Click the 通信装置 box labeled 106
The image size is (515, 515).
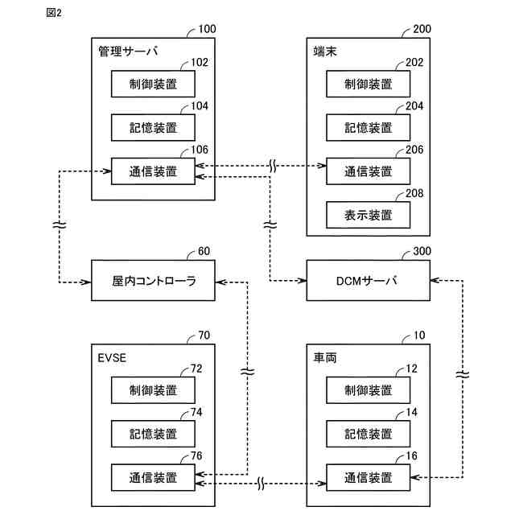pos(153,171)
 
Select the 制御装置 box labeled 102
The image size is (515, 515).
pos(153,84)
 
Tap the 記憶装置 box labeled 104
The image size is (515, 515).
pos(153,127)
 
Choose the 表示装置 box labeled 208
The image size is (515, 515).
pos(368,215)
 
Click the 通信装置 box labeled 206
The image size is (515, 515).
pos(368,171)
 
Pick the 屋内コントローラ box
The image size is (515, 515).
pos(153,281)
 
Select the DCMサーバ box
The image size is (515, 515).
pos(368,281)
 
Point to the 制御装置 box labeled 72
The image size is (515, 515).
pos(153,390)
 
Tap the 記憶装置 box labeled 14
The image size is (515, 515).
pos(368,434)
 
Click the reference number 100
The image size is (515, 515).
pos(206,30)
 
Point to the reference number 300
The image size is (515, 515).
pos(422,251)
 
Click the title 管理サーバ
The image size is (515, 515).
pos(127,51)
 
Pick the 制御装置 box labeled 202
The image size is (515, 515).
pos(368,84)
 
